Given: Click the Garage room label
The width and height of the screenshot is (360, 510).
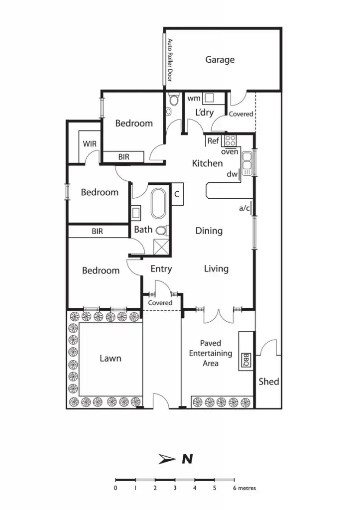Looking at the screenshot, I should tap(220, 60).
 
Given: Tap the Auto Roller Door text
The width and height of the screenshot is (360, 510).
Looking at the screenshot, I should tap(170, 60).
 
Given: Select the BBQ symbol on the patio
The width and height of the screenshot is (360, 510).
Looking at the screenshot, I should tap(245, 359).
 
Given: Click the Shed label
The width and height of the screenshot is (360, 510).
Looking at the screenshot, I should tap(268, 382).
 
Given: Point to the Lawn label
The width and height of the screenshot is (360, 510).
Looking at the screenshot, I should tap(110, 358).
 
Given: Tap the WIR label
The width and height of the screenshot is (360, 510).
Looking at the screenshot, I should tap(90, 143).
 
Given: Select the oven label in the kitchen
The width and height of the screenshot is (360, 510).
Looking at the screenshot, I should tap(230, 152).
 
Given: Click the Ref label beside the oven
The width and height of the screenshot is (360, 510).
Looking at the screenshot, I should tap(213, 141).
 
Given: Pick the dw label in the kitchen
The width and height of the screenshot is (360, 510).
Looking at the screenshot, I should tap(232, 174).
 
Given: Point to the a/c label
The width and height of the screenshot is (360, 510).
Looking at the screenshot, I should tap(244, 209).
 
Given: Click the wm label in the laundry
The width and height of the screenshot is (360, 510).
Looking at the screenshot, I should tap(194, 99).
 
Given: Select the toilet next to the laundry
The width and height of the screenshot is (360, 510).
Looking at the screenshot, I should tap(173, 101).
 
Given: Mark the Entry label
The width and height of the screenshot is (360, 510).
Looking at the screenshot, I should tap(161, 269).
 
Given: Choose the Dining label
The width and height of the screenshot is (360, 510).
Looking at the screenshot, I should tap(209, 231).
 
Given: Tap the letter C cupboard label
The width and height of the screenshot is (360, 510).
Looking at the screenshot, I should tap(177, 194).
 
